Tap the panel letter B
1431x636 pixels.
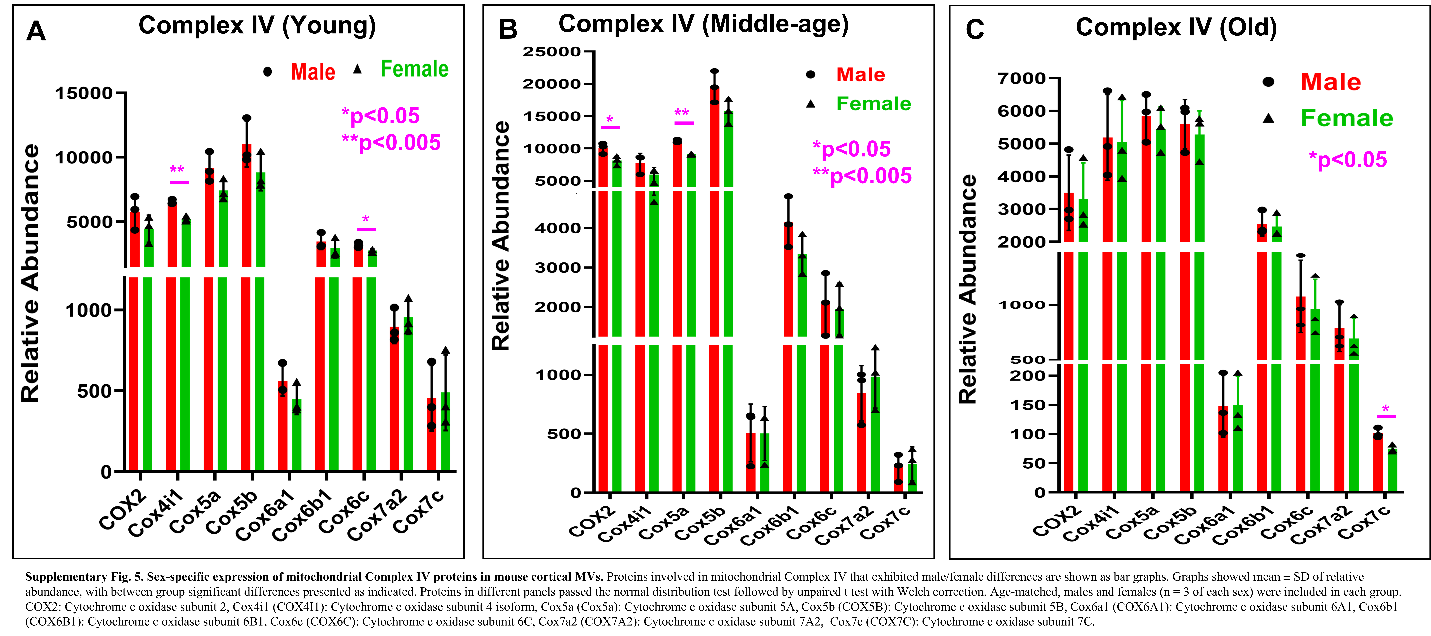(508, 29)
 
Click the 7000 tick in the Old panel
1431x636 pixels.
(1022, 78)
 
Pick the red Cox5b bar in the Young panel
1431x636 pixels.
(246, 308)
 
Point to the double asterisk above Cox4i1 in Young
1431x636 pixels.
(177, 170)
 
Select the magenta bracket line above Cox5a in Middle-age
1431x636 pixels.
(684, 123)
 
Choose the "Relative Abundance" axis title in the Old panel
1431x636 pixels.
(968, 289)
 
